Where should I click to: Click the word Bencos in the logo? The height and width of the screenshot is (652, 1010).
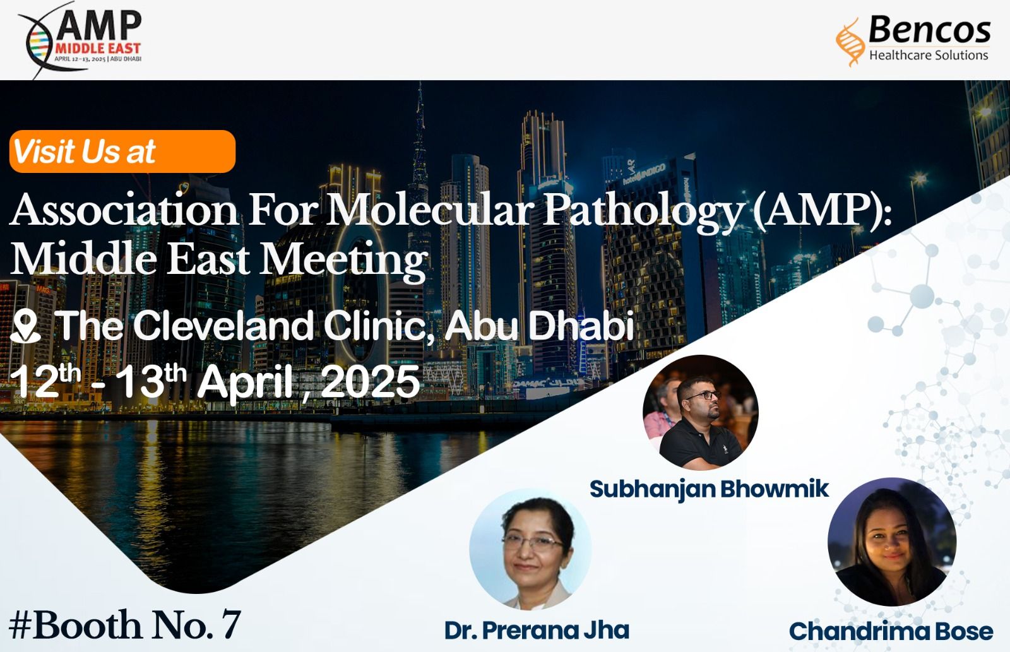[929, 29]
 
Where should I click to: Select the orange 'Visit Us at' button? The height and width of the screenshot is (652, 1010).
[122, 151]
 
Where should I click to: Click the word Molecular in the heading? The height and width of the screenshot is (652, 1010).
[431, 211]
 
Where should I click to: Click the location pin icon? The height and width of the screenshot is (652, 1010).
[25, 328]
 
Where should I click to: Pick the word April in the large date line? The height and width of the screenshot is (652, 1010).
[246, 384]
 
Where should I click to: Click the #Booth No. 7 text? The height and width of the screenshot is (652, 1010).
[124, 625]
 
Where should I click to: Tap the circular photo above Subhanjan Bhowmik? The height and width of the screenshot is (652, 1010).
[700, 412]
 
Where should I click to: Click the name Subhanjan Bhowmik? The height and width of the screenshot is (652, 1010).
[710, 489]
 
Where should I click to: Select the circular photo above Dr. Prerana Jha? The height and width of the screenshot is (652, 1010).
[530, 549]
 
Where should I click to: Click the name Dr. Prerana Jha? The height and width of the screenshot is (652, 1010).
[537, 631]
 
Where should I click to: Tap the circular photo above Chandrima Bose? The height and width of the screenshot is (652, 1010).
[892, 542]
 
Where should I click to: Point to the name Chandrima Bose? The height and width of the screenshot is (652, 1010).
[891, 631]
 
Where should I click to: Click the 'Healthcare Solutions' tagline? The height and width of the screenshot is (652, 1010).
[929, 56]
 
